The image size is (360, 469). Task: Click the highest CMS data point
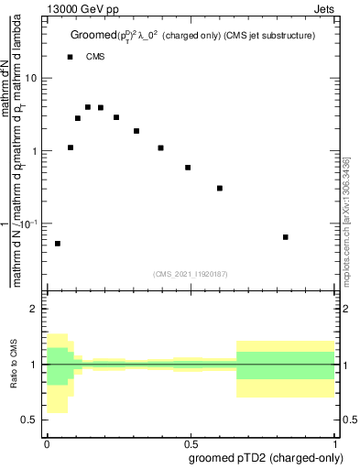88,107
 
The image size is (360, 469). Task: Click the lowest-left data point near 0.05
58,244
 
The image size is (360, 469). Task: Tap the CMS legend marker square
71,57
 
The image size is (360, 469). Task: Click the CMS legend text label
96,57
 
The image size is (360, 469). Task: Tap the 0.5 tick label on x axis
191,442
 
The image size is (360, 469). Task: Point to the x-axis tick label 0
47,442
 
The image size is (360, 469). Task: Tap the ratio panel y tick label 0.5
30,420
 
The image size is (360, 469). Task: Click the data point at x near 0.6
220,188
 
